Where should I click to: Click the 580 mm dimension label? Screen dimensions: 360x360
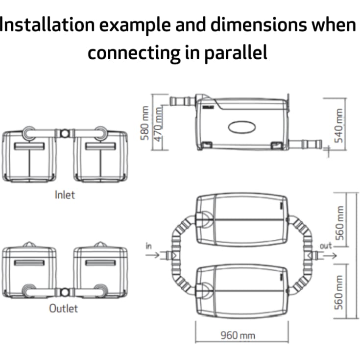coord(144,123)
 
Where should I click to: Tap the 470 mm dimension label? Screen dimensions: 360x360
coord(158,125)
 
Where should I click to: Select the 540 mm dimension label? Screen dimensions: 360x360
coord(339,125)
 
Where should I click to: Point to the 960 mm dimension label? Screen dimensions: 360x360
coord(238,336)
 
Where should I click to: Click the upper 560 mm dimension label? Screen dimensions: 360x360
coord(339,223)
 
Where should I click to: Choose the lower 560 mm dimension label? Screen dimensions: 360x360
coord(339,292)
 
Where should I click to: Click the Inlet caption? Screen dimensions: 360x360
coord(65,195)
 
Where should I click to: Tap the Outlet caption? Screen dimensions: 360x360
coord(63,309)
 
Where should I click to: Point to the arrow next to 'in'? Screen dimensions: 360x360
coord(152,255)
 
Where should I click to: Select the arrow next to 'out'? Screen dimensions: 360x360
coord(330,255)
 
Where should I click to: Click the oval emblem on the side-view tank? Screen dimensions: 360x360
coord(242,127)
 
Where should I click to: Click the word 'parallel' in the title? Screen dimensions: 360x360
coord(236,52)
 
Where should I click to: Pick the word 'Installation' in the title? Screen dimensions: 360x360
coord(47,24)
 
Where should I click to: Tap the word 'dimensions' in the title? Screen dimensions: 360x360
coord(258,24)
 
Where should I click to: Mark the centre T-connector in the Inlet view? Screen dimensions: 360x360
coord(65,133)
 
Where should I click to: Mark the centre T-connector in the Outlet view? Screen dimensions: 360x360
coord(65,293)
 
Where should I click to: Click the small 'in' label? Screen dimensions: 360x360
coord(149,246)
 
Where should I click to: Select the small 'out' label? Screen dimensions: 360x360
coord(326,246)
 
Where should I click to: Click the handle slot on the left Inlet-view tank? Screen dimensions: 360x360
coord(29,146)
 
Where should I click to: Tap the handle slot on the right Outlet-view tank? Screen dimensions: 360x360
coord(100,263)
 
